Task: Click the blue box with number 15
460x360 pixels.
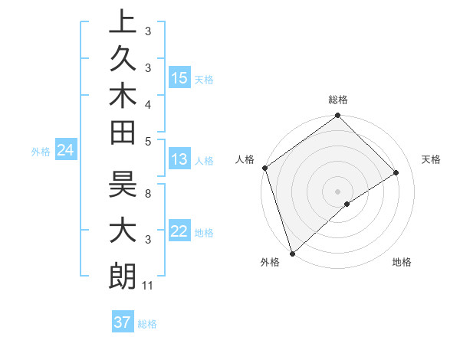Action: point(179,78)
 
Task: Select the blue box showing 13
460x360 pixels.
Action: point(179,159)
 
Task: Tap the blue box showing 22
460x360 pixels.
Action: point(179,231)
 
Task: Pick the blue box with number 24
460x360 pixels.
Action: point(66,151)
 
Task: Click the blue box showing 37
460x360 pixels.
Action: point(122,322)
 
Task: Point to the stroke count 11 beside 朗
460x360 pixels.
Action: point(148,286)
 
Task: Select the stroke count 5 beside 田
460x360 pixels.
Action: point(148,141)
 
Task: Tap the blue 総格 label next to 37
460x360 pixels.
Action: point(147,324)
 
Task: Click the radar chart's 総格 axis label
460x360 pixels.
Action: point(337,100)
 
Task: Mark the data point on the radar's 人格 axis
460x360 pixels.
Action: point(264,168)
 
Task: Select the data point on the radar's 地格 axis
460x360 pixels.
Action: point(347,204)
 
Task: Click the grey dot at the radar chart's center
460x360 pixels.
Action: point(337,191)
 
